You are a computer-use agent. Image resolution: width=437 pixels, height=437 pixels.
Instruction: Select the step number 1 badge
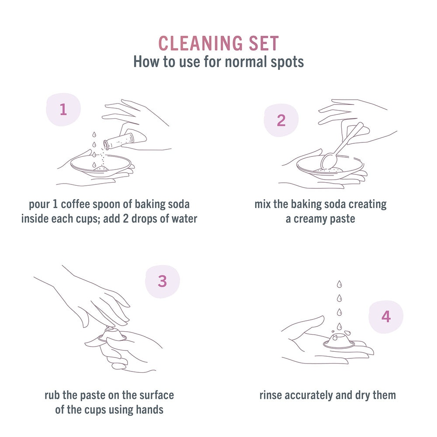click(x=63, y=109)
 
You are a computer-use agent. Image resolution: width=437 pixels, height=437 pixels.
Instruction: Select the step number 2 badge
click(x=281, y=120)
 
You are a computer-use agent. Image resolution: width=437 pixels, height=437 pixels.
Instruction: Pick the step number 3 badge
click(x=162, y=281)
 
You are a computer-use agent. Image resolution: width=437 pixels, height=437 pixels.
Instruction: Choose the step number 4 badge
click(x=386, y=316)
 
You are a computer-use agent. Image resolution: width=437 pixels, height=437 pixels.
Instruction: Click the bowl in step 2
click(x=330, y=168)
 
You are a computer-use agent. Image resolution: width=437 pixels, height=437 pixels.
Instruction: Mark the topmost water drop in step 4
click(x=339, y=284)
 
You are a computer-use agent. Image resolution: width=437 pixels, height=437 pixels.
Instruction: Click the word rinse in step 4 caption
click(x=271, y=395)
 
